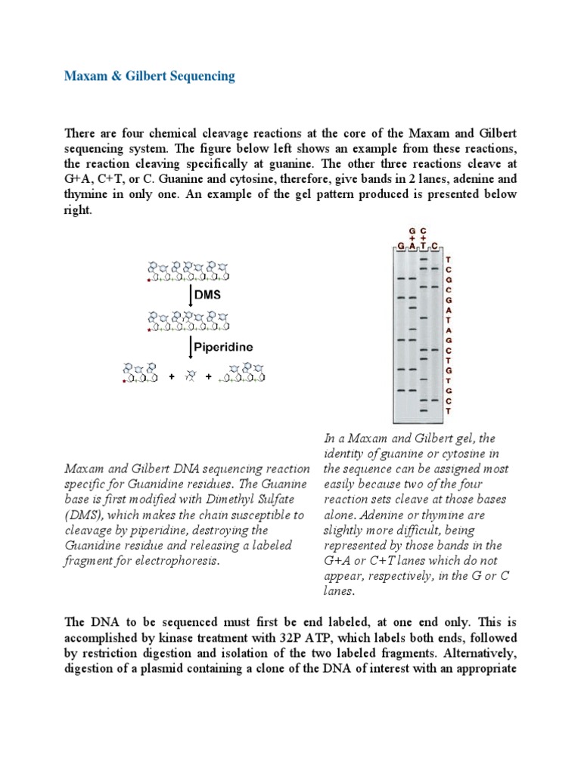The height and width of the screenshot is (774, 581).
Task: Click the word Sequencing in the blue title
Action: (199, 76)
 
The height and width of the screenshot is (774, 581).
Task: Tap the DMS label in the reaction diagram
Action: (207, 295)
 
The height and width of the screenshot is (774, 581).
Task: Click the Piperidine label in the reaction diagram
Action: (222, 348)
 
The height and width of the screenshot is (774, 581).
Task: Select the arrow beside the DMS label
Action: (190, 295)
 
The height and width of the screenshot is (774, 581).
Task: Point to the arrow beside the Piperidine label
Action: (190, 348)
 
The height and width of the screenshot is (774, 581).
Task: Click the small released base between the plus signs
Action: (191, 374)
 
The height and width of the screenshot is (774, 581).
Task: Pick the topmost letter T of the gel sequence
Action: (449, 259)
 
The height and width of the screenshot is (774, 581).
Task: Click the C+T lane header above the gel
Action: (424, 236)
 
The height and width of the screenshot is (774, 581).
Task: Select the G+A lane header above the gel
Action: (412, 236)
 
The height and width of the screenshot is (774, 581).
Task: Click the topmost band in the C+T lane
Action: (424, 258)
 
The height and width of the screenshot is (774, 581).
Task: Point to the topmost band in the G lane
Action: (400, 279)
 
